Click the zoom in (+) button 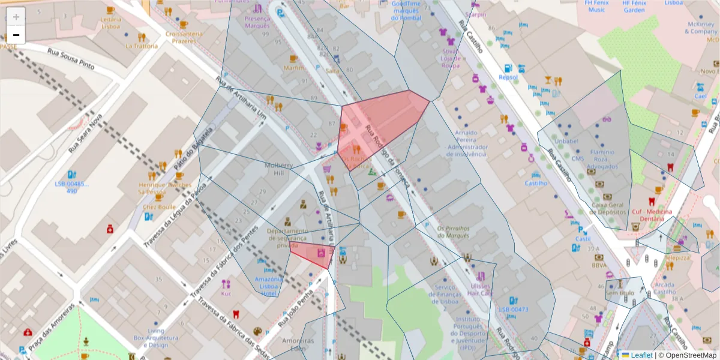tap(16, 17)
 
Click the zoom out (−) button tap(16, 35)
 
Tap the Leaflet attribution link tap(641, 355)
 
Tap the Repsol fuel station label tap(508, 77)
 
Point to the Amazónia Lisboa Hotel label tap(268, 286)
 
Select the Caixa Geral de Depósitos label tap(608, 208)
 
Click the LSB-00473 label tap(513, 310)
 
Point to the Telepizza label tap(678, 257)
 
